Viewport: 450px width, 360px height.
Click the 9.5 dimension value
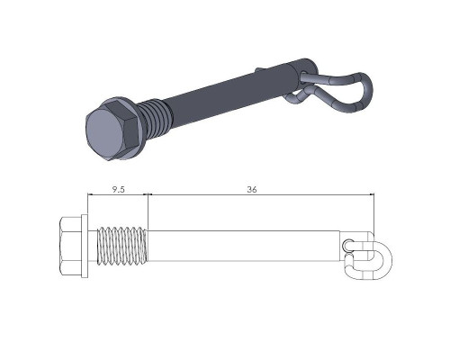coord(118,190)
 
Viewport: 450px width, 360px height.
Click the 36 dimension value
coord(252,190)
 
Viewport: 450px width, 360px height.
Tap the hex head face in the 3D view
coord(103,135)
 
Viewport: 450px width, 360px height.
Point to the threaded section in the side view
coord(122,246)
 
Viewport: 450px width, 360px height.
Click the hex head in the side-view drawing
coord(70,246)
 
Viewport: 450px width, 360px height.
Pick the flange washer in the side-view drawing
coord(85,246)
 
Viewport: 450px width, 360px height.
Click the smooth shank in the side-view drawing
coord(244,246)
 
